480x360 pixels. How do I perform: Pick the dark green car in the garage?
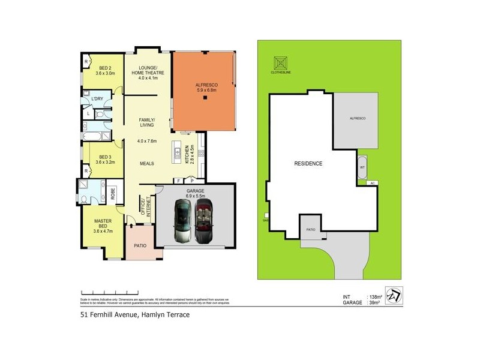[184, 220]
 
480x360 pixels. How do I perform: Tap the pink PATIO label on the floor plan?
[140, 245]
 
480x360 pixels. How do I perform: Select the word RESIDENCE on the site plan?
[308, 163]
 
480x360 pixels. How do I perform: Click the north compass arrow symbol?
[393, 297]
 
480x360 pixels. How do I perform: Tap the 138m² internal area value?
[375, 296]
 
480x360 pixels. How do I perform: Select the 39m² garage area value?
[374, 303]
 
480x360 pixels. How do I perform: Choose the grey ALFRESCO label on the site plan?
[358, 119]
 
